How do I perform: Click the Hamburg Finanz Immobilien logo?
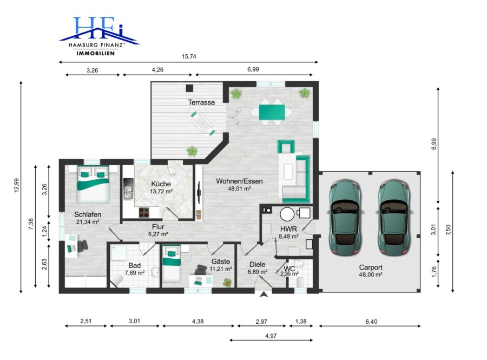pyautogui.click(x=99, y=36)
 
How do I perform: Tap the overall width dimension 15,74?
pyautogui.click(x=189, y=56)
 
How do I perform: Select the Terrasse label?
pyautogui.click(x=201, y=102)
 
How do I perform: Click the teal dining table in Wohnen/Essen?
pyautogui.click(x=272, y=112)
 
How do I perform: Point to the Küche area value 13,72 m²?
pyautogui.click(x=161, y=191)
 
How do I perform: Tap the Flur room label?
pyautogui.click(x=158, y=227)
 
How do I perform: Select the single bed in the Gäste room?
pyautogui.click(x=172, y=264)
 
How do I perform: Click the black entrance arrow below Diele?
pyautogui.click(x=264, y=294)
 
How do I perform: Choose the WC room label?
pyautogui.click(x=289, y=269)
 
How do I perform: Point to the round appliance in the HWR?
pyautogui.click(x=287, y=214)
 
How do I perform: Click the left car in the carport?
pyautogui.click(x=345, y=217)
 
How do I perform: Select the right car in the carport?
pyautogui.click(x=394, y=217)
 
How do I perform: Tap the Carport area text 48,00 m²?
pyautogui.click(x=371, y=274)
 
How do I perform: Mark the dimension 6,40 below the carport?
pyautogui.click(x=371, y=322)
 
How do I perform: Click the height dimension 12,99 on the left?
pyautogui.click(x=16, y=185)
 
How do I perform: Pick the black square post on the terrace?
pyautogui.click(x=189, y=88)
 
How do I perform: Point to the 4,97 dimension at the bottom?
pyautogui.click(x=271, y=336)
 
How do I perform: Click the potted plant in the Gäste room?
pyautogui.click(x=228, y=283)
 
